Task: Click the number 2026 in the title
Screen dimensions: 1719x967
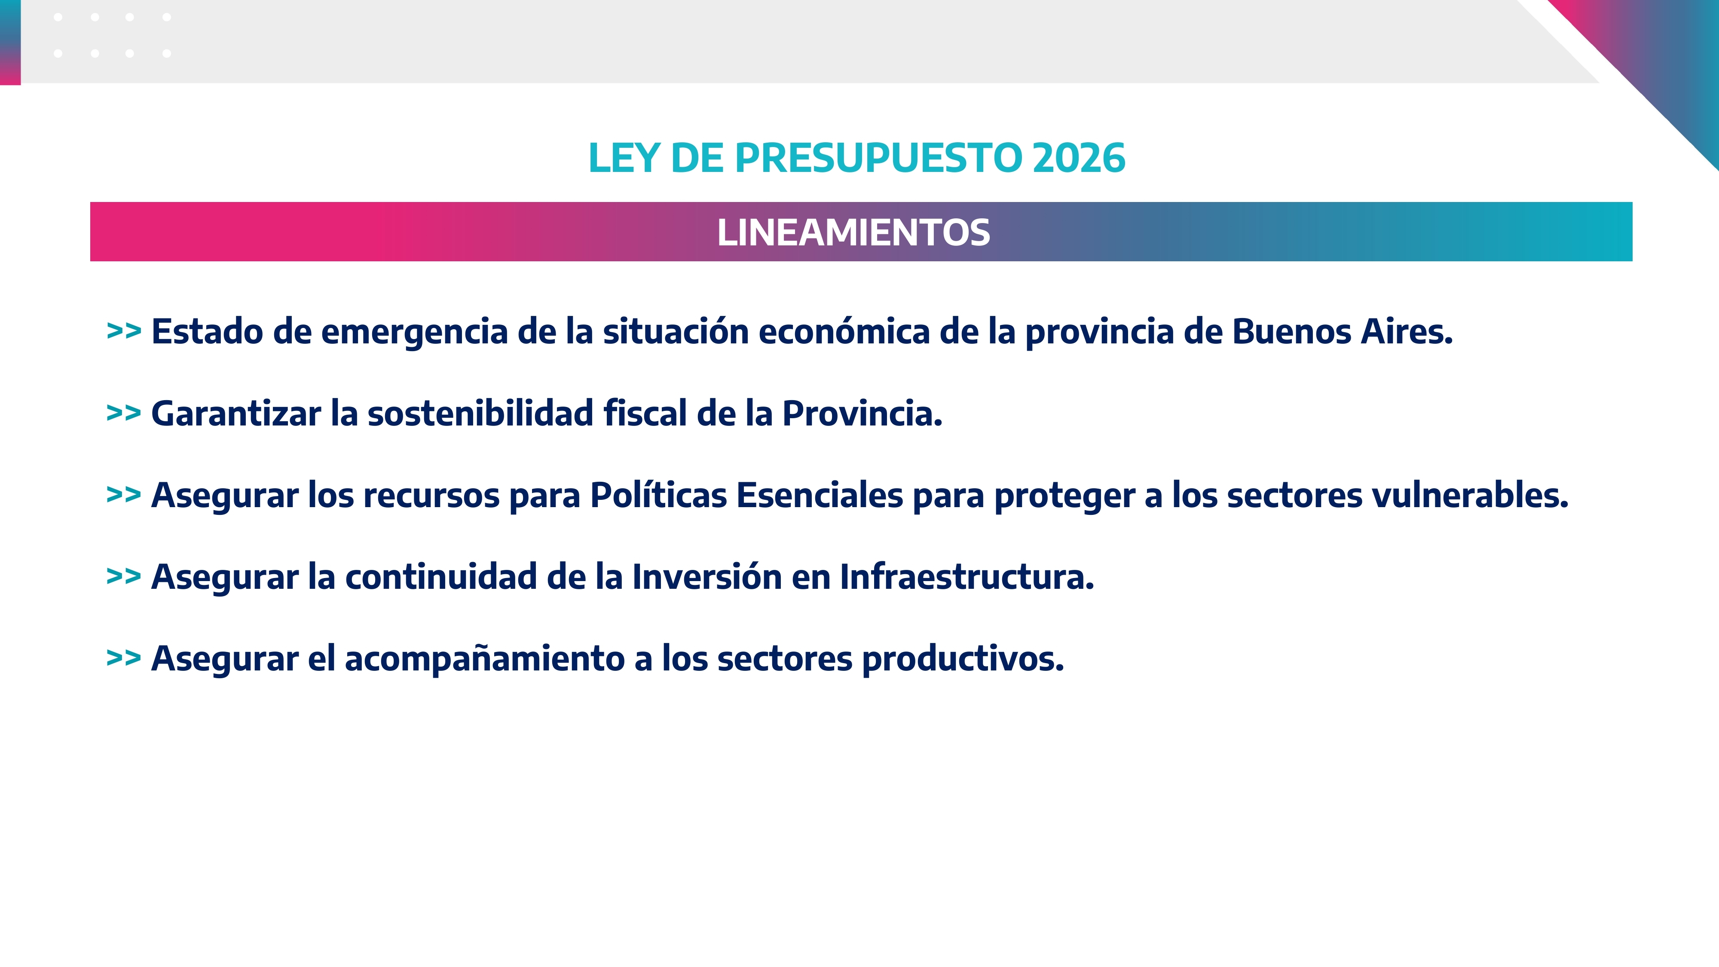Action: point(1078,158)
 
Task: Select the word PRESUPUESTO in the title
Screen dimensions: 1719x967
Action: point(878,158)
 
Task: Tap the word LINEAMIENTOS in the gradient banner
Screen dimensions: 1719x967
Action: point(853,232)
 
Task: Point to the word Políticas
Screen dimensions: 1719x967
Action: point(659,495)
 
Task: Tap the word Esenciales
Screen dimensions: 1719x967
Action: point(820,495)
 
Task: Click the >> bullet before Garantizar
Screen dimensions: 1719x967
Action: point(123,414)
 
